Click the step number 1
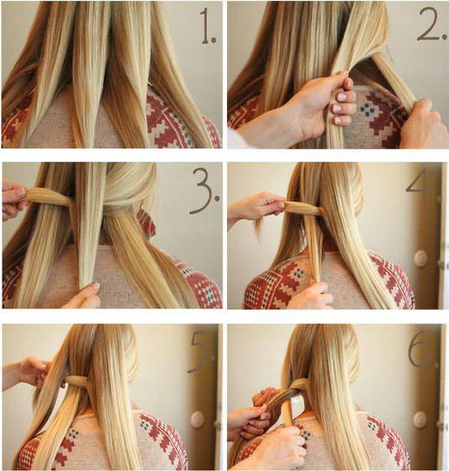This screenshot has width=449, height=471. click(x=208, y=28)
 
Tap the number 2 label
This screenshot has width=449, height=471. click(x=432, y=24)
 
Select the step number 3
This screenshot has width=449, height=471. click(x=204, y=190)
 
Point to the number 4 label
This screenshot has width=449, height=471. click(x=416, y=184)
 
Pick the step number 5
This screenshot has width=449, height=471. click(x=200, y=351)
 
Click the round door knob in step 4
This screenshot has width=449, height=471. click(x=421, y=258)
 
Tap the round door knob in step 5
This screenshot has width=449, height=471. click(x=197, y=419)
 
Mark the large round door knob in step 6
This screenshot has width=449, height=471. click(x=420, y=417)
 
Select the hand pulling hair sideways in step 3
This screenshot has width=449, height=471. click(x=13, y=199)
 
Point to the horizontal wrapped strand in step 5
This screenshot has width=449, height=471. click(x=75, y=380)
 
